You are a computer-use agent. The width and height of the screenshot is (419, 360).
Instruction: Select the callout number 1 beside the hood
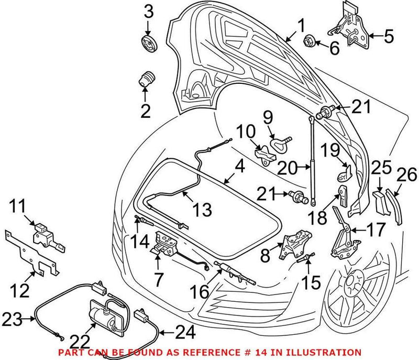[301, 24]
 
